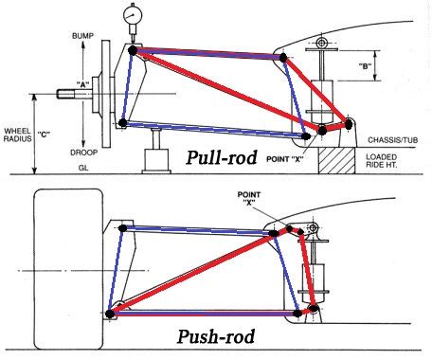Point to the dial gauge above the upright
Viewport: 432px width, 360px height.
131,17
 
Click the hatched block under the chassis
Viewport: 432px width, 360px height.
335,158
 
